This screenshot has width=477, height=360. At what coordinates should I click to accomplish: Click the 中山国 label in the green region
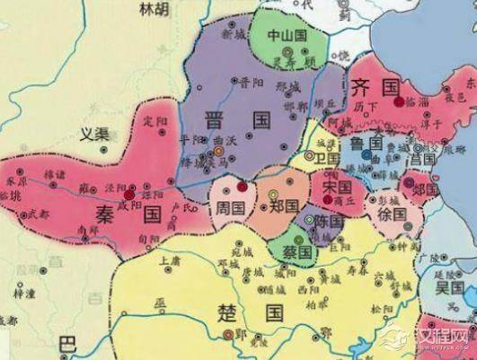[288, 36]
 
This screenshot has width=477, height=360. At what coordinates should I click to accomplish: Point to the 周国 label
[231, 206]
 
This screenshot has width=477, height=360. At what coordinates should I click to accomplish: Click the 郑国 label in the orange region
[284, 206]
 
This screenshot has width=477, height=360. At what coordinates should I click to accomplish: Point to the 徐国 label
[394, 215]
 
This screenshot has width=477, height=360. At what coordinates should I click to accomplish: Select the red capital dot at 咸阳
[130, 192]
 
